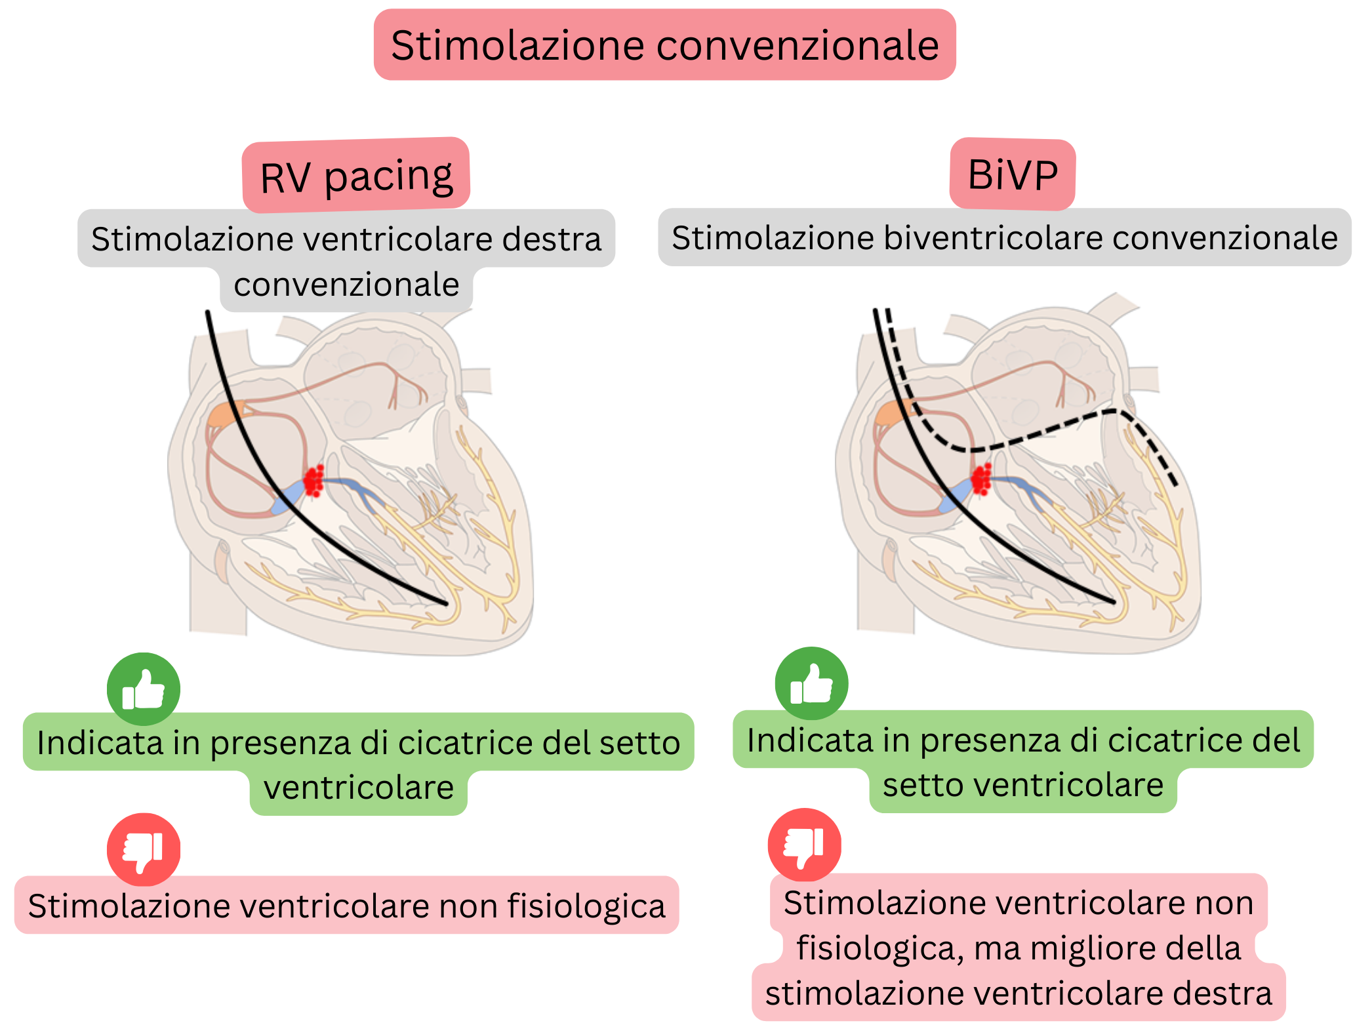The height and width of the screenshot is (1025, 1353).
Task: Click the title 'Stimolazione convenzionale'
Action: pyautogui.click(x=664, y=45)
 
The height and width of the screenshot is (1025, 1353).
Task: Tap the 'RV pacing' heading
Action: pyautogui.click(x=356, y=176)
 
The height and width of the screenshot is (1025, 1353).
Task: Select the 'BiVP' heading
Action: pyautogui.click(x=1012, y=175)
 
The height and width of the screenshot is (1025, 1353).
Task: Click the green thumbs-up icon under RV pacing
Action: pyautogui.click(x=144, y=689)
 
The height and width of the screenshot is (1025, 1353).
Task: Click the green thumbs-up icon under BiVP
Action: pyautogui.click(x=811, y=683)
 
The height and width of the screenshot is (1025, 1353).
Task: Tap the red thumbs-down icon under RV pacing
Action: pyautogui.click(x=144, y=849)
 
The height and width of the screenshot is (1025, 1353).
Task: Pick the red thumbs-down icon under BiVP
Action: pyautogui.click(x=805, y=845)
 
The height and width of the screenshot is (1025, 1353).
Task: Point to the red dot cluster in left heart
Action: pyautogui.click(x=314, y=481)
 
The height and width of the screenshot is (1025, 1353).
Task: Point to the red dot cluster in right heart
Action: pyautogui.click(x=982, y=479)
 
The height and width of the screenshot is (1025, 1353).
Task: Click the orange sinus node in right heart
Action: pyautogui.click(x=893, y=413)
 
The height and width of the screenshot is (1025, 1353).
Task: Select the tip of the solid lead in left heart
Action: pyautogui.click(x=445, y=603)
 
